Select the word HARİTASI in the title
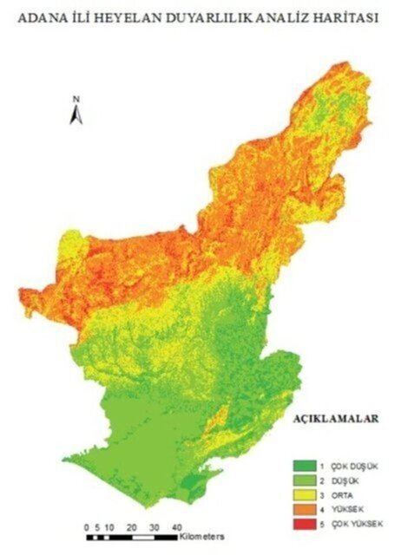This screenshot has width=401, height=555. (345, 16)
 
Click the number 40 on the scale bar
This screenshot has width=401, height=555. (176, 526)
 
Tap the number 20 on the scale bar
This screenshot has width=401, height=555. (131, 526)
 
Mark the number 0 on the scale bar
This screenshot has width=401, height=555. (87, 526)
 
